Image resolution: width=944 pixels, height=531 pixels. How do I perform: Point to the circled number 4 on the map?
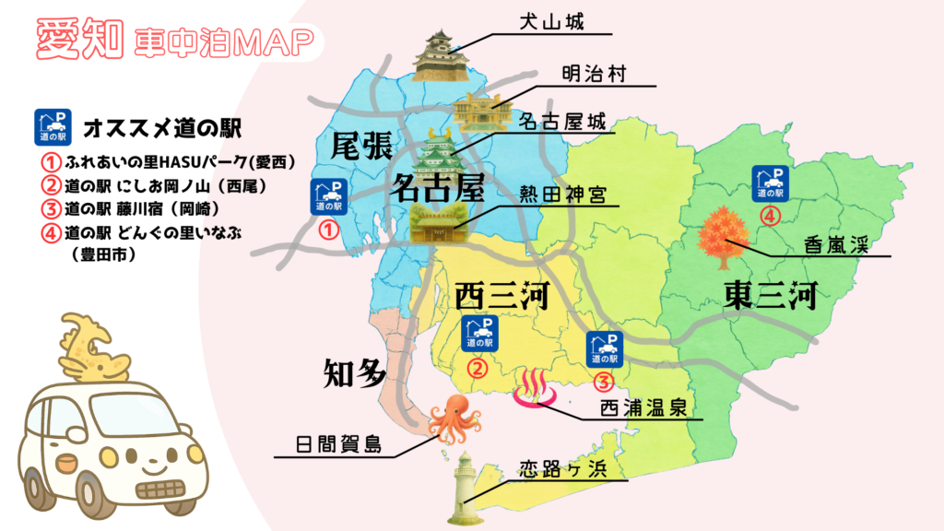coord(773,217)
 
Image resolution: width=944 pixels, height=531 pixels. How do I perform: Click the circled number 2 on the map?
coord(478,369)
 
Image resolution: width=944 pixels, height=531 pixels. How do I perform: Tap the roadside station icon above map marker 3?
coord(604,348)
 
